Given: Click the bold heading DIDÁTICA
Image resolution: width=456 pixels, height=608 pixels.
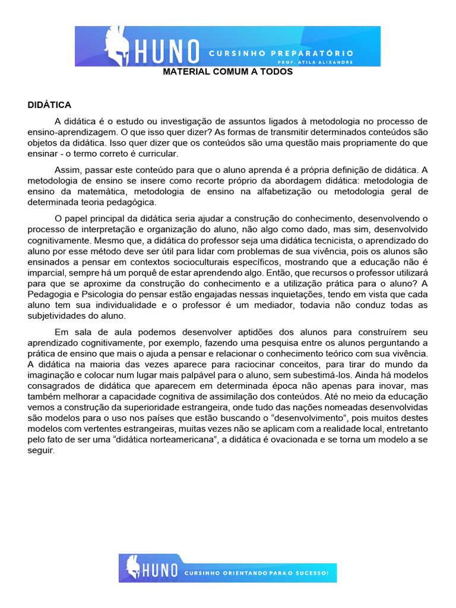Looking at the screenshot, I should tap(49, 105).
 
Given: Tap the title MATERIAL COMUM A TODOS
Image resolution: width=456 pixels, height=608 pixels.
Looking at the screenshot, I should tap(228, 72).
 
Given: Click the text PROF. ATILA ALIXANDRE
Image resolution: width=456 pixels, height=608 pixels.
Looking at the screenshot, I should tap(315, 62).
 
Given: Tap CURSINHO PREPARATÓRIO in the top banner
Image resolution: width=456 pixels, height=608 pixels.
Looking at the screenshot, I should tap(281, 53).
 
